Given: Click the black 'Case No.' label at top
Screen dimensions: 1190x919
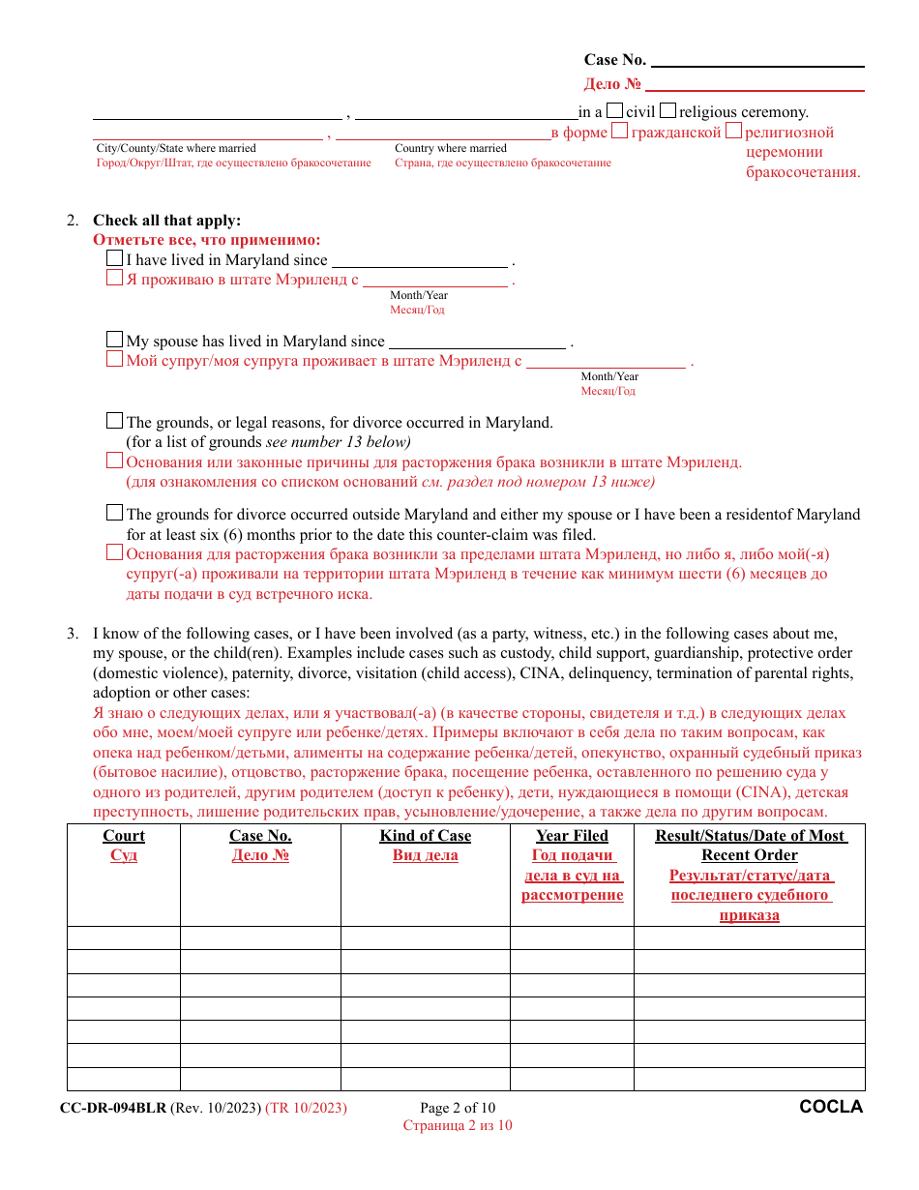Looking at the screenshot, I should (614, 60).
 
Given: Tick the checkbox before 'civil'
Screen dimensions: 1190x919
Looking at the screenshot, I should (614, 111).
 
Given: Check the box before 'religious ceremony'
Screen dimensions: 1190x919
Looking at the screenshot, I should (667, 111).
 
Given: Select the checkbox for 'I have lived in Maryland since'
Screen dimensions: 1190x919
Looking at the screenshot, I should (115, 259).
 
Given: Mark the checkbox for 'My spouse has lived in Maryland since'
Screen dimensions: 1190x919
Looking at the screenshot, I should (115, 341).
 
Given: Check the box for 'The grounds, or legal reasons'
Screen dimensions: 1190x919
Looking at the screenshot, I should (115, 422).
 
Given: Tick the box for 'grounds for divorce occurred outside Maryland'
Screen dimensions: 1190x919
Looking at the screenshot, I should (115, 514).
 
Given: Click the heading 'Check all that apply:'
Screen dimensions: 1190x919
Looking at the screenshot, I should (166, 221).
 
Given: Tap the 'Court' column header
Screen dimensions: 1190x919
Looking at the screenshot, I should (124, 836).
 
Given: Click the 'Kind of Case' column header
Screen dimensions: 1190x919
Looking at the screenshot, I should (426, 836).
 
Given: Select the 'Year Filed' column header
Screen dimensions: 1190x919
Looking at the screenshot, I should (572, 836).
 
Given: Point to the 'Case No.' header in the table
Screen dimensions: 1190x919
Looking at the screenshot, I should (260, 836).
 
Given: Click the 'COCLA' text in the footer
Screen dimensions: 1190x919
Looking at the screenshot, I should (831, 1107).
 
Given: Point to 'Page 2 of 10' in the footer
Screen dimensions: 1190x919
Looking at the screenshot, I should (458, 1108).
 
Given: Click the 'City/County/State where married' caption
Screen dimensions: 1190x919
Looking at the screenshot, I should (176, 148).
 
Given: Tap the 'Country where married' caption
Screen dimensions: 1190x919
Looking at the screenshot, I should (451, 148).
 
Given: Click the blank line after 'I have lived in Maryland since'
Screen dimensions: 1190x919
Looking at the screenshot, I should (419, 260).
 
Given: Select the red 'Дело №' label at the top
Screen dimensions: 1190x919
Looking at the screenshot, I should (612, 84).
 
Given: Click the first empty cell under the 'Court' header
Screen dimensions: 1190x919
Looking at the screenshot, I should (124, 937).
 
